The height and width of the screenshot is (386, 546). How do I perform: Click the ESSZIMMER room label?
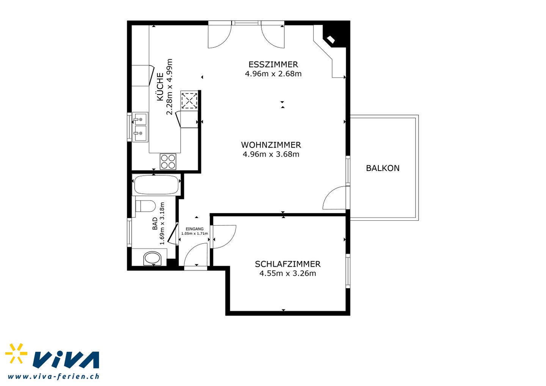(273, 64)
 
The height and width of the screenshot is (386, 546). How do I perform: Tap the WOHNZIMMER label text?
(271, 145)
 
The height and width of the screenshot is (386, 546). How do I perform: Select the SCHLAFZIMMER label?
(288, 264)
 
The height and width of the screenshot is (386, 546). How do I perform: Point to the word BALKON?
(383, 168)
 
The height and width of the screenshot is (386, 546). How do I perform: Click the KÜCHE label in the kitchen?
(160, 87)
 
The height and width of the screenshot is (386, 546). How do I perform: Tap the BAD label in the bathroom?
(155, 224)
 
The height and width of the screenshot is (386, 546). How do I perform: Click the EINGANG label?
(195, 229)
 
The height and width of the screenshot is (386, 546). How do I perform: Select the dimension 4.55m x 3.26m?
(288, 273)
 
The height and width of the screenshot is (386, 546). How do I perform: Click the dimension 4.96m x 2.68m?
(273, 74)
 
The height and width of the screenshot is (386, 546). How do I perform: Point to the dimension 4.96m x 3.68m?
(271, 154)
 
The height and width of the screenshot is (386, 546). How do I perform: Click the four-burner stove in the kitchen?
(168, 162)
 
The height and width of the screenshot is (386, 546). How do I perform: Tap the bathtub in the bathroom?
(156, 185)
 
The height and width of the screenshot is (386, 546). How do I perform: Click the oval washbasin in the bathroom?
(152, 258)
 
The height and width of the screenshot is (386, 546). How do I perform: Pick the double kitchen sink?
(140, 127)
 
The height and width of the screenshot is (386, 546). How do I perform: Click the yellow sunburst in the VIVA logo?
(16, 353)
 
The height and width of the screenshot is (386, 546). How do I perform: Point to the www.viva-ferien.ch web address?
(53, 376)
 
